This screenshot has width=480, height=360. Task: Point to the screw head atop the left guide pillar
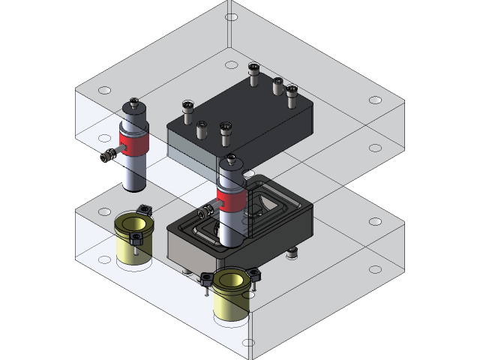point(134,101)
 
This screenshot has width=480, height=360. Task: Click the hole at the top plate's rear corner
point(232,16)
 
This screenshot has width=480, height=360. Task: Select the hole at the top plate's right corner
point(375,100)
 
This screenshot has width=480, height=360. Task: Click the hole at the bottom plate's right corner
point(375,222)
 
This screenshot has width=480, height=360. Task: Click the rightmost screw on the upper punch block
point(292,91)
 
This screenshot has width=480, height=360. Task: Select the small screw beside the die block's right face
point(292,252)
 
